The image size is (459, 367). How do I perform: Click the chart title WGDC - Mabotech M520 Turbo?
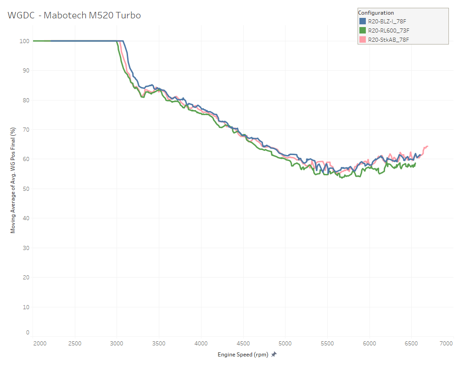[x=74, y=16]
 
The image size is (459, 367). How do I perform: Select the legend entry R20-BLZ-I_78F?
[x=387, y=22]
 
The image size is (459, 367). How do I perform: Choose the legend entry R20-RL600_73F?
[x=388, y=30]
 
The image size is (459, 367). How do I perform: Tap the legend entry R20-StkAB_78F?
[x=388, y=39]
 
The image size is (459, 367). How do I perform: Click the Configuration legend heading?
[x=376, y=13]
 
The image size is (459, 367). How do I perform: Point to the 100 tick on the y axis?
[x=25, y=41]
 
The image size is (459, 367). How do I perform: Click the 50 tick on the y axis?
[x=26, y=189]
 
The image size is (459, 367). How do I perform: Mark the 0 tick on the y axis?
[x=28, y=332]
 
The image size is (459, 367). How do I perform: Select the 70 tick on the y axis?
[x=26, y=130]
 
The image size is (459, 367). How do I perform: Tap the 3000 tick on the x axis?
[x=117, y=343]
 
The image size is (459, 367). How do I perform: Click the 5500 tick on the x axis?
[x=327, y=343]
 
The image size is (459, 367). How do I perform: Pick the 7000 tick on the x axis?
[x=446, y=343]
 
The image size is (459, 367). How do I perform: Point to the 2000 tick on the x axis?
[x=39, y=343]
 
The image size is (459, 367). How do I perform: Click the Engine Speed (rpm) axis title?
[x=243, y=355]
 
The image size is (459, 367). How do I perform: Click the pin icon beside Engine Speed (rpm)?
[x=274, y=355]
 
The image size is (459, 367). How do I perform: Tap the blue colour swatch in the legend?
[x=362, y=22]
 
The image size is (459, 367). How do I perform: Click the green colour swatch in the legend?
[x=362, y=30]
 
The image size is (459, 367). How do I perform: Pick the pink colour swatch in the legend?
[x=362, y=39]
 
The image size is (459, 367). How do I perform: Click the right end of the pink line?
[x=427, y=146]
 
